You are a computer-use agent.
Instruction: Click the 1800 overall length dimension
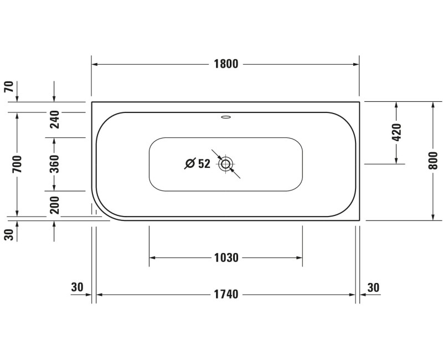coord(225,64)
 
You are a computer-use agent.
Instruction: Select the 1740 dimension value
coord(225,295)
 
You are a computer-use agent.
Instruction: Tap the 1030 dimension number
coord(225,258)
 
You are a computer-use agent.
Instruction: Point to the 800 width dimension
coord(434,161)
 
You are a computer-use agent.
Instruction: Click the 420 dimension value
coord(396,132)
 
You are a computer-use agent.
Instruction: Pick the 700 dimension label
coord(17,164)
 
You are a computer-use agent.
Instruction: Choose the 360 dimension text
coord(54,164)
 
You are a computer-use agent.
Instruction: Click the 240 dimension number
coord(54,119)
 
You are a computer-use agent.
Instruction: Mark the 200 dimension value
coord(54,205)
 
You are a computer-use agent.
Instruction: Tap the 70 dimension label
coord(9,87)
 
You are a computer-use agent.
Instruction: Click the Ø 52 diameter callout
coord(198,163)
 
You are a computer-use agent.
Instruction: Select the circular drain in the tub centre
coord(225,164)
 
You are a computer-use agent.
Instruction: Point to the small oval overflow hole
coord(225,117)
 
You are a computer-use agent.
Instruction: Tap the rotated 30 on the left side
coord(9,235)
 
